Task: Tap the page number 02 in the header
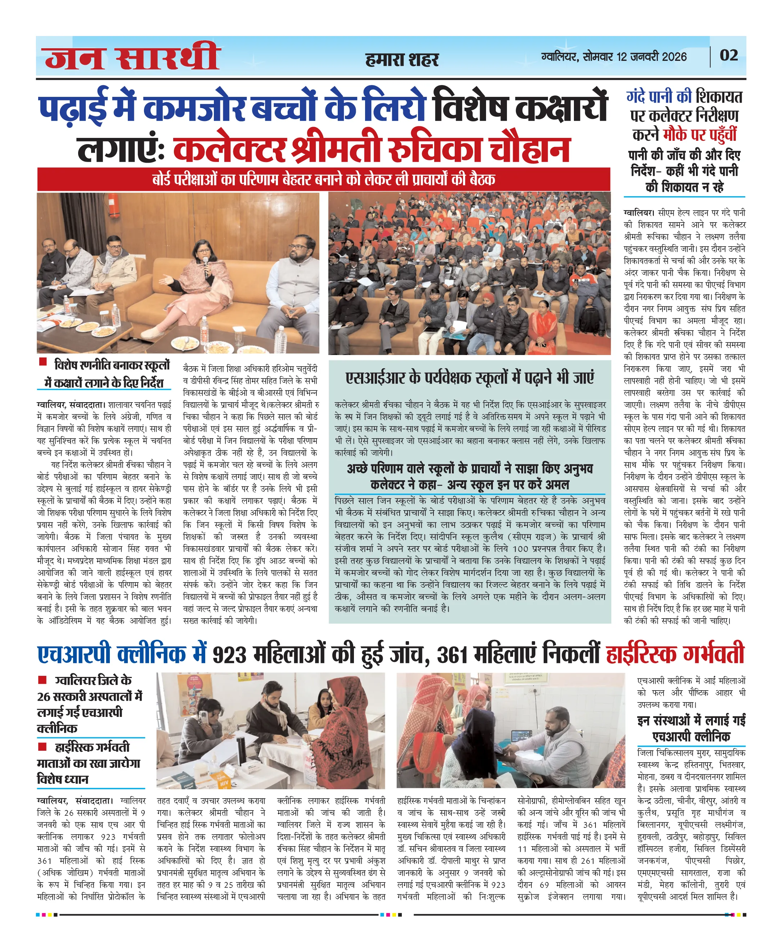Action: click(x=728, y=55)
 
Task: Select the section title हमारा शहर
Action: click(x=402, y=59)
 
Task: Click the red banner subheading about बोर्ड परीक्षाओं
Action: click(x=323, y=180)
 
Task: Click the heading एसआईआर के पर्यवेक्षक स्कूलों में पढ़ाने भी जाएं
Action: click(x=469, y=378)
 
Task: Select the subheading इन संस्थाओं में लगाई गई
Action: click(x=691, y=720)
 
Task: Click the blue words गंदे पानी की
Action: click(x=658, y=97)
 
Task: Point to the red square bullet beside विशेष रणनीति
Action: click(x=43, y=362)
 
